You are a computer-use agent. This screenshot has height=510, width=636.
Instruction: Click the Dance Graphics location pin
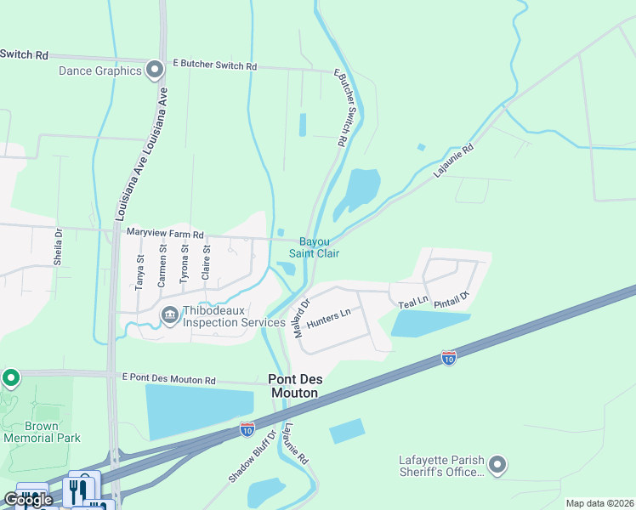[x=154, y=70]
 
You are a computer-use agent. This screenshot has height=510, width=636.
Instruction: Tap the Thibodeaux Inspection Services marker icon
[x=169, y=316]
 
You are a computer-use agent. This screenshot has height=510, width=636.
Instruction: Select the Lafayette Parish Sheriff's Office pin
[x=498, y=464]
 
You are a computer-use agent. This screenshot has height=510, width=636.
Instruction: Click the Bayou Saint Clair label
[x=314, y=247]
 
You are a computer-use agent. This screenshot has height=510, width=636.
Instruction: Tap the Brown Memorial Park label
[x=42, y=432]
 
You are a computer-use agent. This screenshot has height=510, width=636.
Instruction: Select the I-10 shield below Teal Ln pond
[x=449, y=357]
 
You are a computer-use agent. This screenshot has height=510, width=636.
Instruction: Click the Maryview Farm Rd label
[x=165, y=234]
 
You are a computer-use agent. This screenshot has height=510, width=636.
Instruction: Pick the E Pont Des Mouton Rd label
[x=169, y=379]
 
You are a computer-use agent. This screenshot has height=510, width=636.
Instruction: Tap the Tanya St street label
[x=141, y=269]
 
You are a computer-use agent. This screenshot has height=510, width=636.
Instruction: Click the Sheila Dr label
[x=59, y=247]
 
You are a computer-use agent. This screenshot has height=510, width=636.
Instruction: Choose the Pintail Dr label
[x=452, y=298]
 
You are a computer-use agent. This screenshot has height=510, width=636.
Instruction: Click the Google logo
[x=27, y=500]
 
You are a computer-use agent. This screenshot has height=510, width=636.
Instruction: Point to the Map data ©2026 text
[x=599, y=503]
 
